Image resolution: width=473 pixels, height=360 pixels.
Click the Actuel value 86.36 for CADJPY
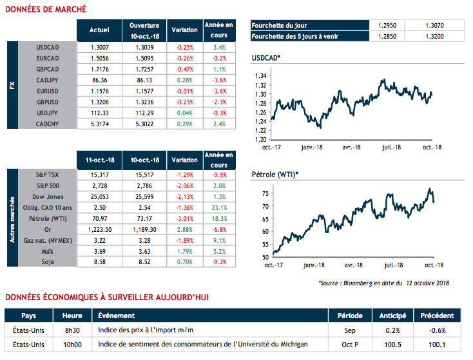coord(99,80)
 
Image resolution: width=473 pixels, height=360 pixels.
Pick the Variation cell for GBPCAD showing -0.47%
coord(185,69)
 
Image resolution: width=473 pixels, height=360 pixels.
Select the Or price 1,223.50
coord(99,229)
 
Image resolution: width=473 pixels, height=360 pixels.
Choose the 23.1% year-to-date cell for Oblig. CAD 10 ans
coord(218,207)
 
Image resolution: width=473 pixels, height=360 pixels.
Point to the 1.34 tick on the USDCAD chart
coord(260,76)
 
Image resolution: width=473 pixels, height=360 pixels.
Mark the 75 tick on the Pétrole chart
coord(264,193)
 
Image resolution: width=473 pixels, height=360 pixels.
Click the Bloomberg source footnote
coord(383,282)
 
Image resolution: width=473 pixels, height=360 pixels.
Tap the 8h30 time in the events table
coord(72,330)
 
